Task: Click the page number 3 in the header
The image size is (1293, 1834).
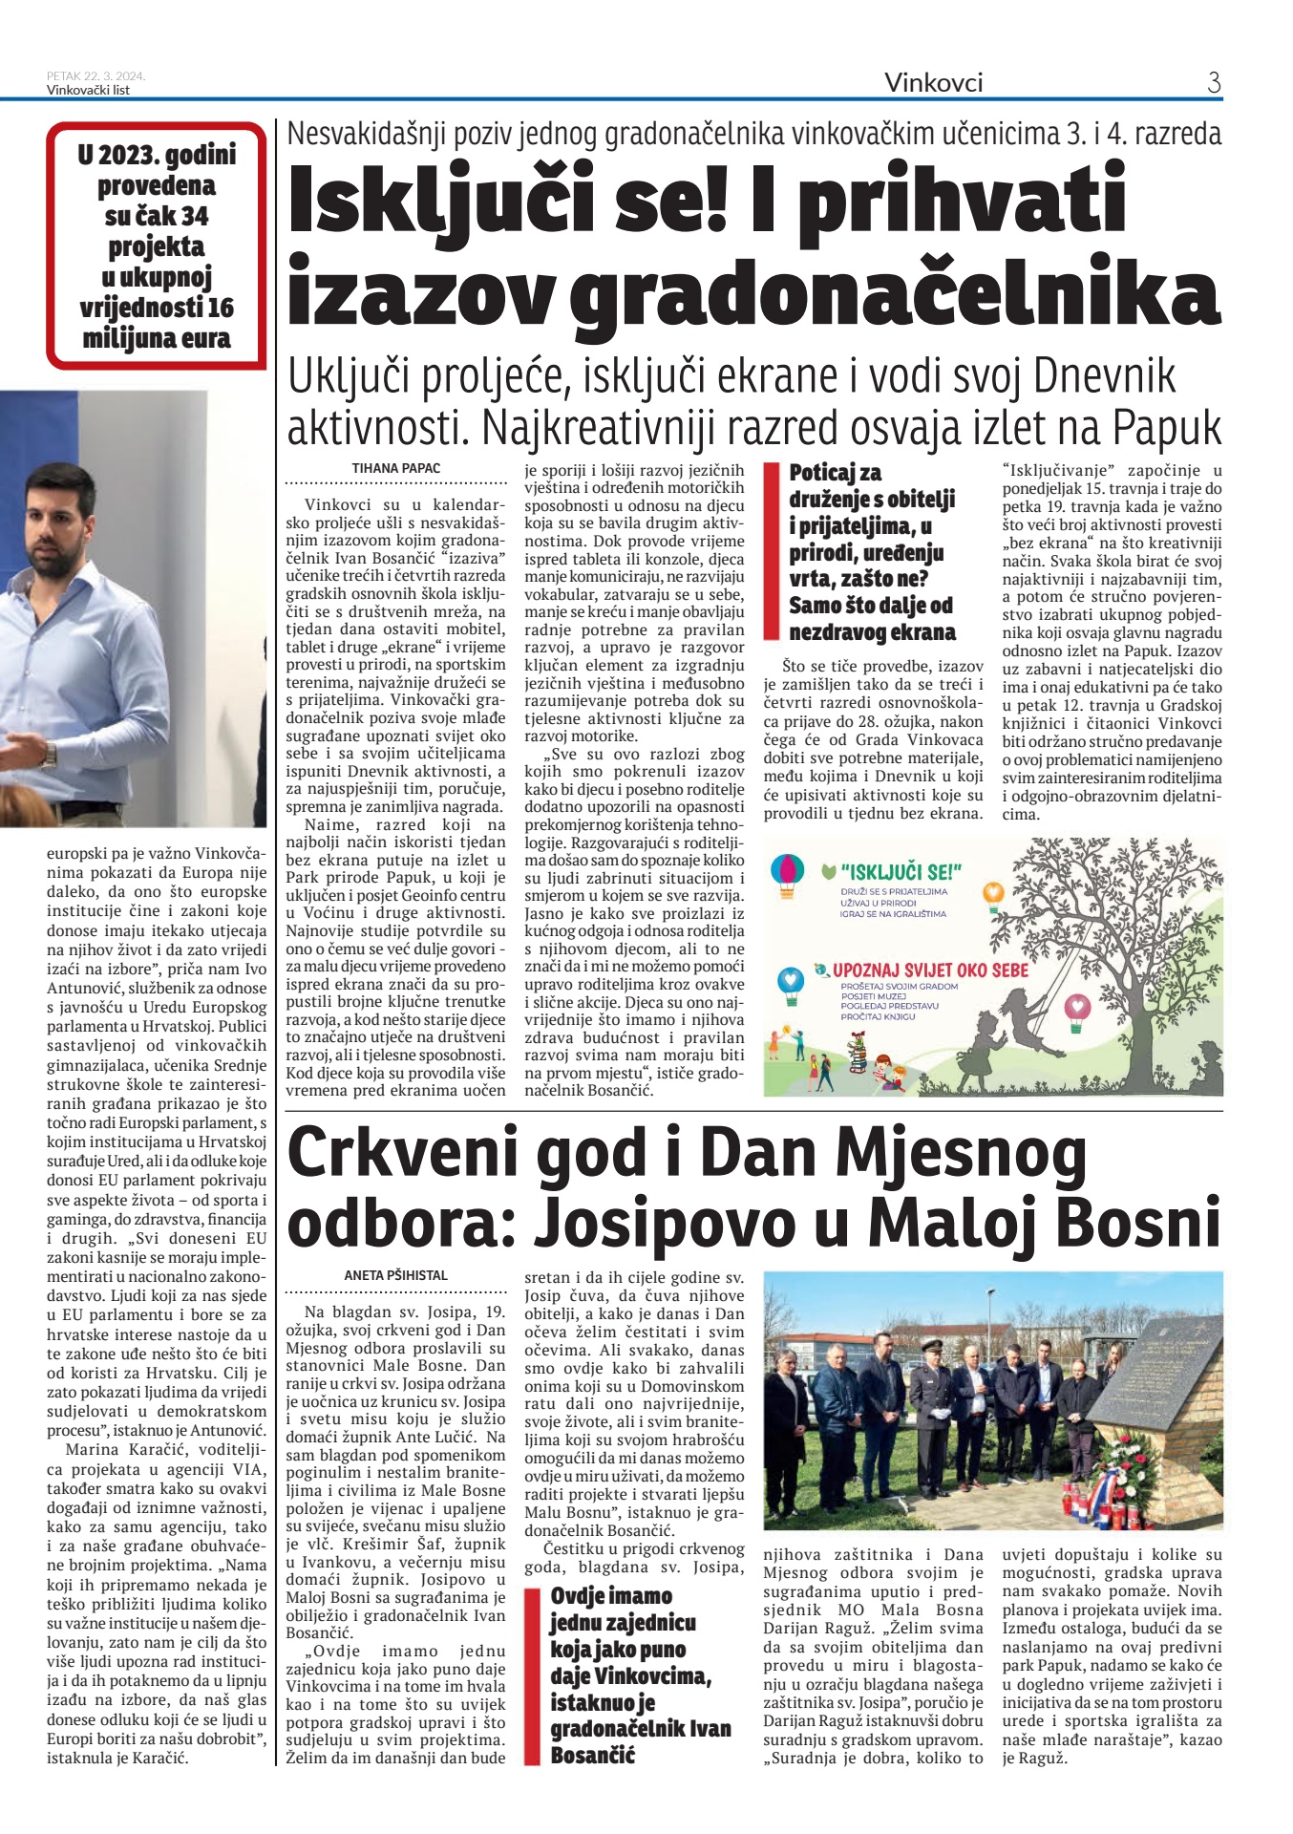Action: tap(1214, 83)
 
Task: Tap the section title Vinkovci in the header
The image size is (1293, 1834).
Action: tap(933, 83)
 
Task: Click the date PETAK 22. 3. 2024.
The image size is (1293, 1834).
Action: tap(95, 76)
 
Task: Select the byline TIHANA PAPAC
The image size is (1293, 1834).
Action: tap(396, 468)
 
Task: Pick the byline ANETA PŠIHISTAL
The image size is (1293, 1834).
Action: tap(396, 1275)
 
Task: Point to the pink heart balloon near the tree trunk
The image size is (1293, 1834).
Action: tap(1077, 1007)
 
